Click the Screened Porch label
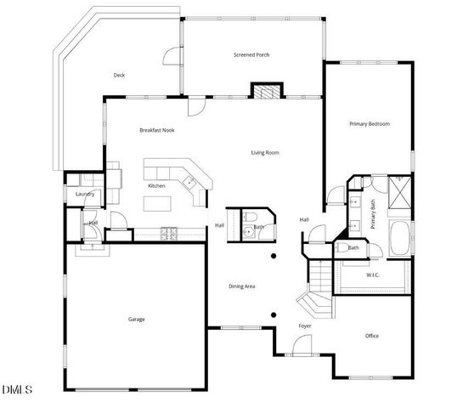[x=251, y=55]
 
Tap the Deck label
[x=120, y=75]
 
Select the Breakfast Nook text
[x=157, y=130]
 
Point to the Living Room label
[x=265, y=153]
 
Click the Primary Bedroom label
[x=370, y=124]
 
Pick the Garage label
[x=137, y=320]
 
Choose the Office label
[x=372, y=336]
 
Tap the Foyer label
[x=305, y=326]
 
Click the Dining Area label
[x=242, y=286]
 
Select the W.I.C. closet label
[x=373, y=275]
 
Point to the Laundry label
[x=84, y=194]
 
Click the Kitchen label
[x=156, y=185]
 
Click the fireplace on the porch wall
[x=266, y=91]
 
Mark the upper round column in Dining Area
[x=274, y=256]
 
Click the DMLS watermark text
[x=17, y=390]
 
